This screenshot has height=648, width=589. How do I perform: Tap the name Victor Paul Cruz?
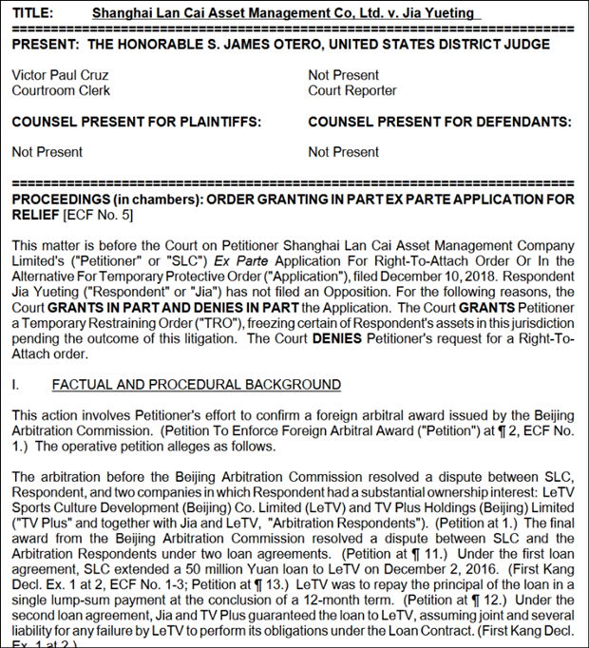point(60,75)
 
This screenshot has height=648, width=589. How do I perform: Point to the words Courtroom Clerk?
point(61,90)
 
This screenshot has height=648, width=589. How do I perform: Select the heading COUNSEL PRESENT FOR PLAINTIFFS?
point(136,122)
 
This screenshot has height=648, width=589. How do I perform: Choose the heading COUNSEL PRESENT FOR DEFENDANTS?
point(440,122)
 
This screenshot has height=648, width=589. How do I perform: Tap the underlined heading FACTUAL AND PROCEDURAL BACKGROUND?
point(197,384)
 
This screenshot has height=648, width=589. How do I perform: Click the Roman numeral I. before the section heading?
point(15,384)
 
